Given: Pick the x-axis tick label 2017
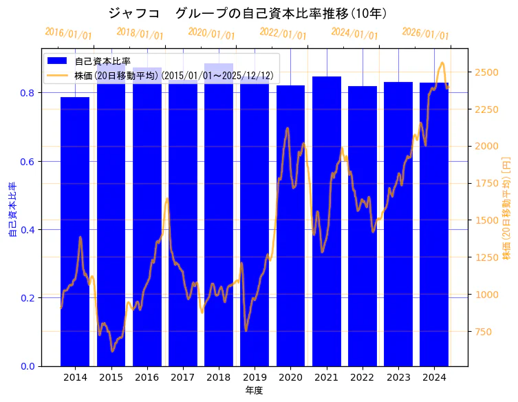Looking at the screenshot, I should coord(183,377).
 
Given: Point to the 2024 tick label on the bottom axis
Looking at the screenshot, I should coord(433,377).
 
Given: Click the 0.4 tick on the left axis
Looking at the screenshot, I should coord(28,230).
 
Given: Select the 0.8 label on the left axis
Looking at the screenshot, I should coord(28,93).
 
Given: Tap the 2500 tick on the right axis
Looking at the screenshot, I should coord(487,72).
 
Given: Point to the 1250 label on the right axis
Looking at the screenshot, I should coord(487,258).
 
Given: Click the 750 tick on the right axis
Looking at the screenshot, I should coord(485,332).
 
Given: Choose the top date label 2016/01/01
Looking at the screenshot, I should coord(68,33).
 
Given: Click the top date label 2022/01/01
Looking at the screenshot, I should coord(283,33).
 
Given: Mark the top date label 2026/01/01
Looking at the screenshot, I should coord(425,33).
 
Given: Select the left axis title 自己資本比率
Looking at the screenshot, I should coord(12,210).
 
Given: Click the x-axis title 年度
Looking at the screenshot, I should coord(254,390).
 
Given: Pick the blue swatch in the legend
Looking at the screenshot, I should coord(57,61).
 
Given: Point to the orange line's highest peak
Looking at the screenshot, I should coord(442,63).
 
